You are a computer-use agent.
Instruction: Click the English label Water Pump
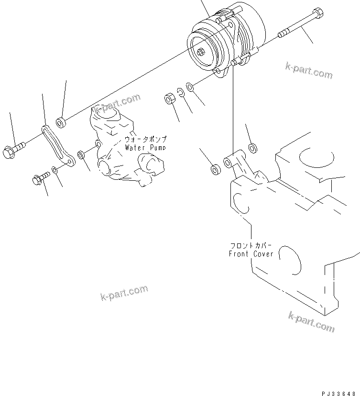pyautogui.click(x=145, y=148)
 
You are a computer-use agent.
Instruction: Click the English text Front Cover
pyautogui.click(x=251, y=254)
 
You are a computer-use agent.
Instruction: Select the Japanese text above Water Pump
pyautogui.click(x=145, y=139)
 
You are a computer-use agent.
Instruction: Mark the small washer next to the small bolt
pyautogui.click(x=56, y=170)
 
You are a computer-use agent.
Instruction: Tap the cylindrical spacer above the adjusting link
pyautogui.click(x=61, y=123)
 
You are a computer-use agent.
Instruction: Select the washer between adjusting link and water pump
pyautogui.click(x=81, y=154)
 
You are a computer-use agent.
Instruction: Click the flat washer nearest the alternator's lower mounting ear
pyautogui.click(x=189, y=87)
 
